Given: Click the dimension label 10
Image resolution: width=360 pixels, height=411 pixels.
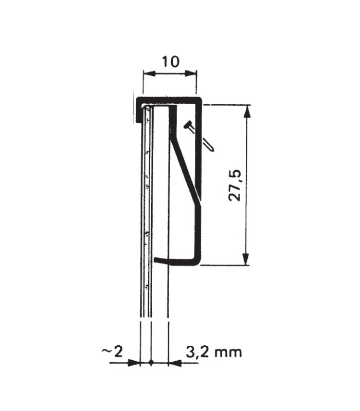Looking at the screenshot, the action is click(171, 62).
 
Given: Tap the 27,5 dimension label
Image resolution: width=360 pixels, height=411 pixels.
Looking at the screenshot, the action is click(235, 185).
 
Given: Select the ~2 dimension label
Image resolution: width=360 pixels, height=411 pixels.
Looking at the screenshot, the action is click(113, 352).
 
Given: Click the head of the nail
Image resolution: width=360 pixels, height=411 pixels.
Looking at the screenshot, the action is click(188, 125).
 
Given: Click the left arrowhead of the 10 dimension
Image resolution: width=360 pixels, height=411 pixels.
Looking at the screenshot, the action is click(149, 73).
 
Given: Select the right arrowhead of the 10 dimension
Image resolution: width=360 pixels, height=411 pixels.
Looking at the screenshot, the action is click(190, 73).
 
